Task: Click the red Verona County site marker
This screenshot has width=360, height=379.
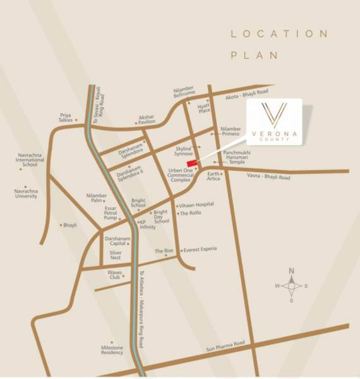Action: (x=192, y=162)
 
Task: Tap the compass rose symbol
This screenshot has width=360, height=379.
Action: (x=291, y=286)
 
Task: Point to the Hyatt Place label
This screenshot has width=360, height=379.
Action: (x=203, y=108)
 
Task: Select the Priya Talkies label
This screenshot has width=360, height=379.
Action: (x=66, y=117)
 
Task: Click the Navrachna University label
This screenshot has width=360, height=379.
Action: (x=25, y=193)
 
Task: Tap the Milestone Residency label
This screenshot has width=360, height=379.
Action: (x=112, y=350)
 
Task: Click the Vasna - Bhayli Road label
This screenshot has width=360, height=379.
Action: (x=269, y=178)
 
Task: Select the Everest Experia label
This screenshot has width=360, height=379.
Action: (x=200, y=249)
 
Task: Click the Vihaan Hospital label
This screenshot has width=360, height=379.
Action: (x=196, y=205)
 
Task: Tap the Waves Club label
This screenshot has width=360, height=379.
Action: (x=114, y=274)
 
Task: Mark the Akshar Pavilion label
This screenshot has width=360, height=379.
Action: (x=147, y=119)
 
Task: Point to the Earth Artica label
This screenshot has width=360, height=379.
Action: (x=213, y=176)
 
